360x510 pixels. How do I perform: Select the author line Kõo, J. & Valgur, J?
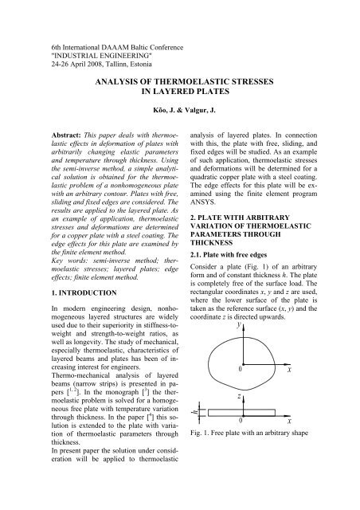tap(180, 111)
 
